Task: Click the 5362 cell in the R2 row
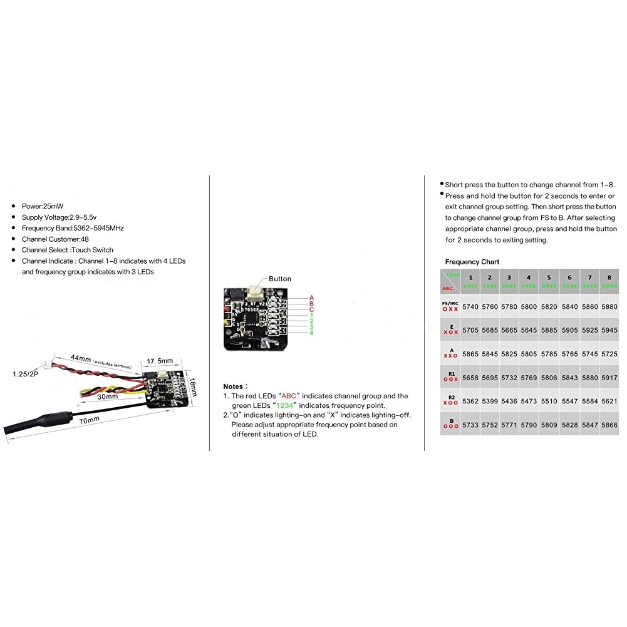(470, 402)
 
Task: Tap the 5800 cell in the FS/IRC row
(529, 307)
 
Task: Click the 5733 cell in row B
(470, 425)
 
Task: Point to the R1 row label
(450, 375)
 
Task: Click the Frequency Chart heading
(472, 262)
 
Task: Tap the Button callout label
(280, 279)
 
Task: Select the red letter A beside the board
(311, 298)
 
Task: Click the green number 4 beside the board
(311, 332)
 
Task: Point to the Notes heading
(236, 386)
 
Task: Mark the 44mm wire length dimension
(81, 358)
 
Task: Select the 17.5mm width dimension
(160, 361)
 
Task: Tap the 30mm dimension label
(107, 396)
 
